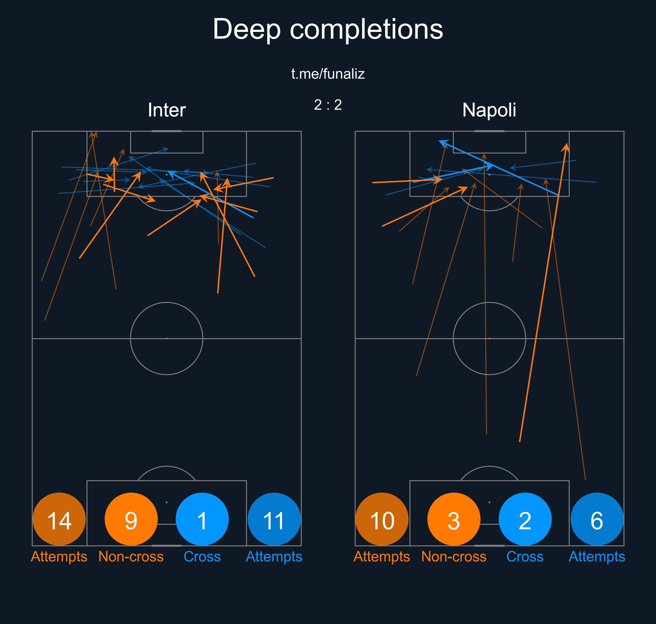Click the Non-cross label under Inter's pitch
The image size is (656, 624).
(x=131, y=556)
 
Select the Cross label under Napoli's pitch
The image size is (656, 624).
(x=525, y=556)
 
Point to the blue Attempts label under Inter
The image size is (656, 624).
(x=274, y=556)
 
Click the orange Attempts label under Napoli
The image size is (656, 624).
(x=382, y=556)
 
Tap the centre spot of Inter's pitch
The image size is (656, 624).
(x=166, y=338)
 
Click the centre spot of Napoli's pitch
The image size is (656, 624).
(x=489, y=338)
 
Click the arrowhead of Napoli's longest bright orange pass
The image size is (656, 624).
(x=566, y=146)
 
